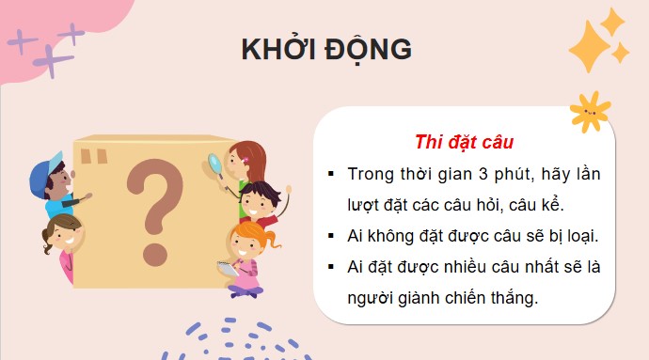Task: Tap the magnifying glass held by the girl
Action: (x=215, y=164)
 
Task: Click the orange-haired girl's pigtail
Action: (x=272, y=241)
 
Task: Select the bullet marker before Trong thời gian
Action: (x=331, y=176)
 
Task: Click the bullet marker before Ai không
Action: (x=331, y=237)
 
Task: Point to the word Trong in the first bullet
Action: (x=371, y=175)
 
